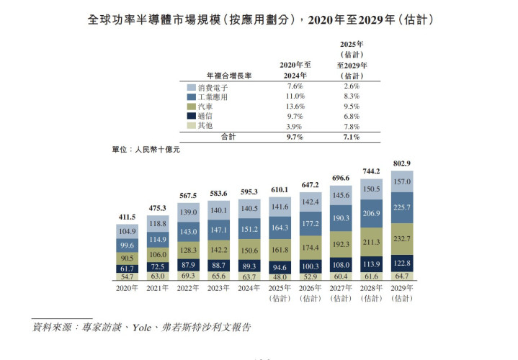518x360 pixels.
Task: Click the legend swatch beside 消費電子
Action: click(191, 87)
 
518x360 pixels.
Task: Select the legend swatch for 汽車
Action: click(191, 107)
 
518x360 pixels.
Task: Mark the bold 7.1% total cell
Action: click(351, 136)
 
